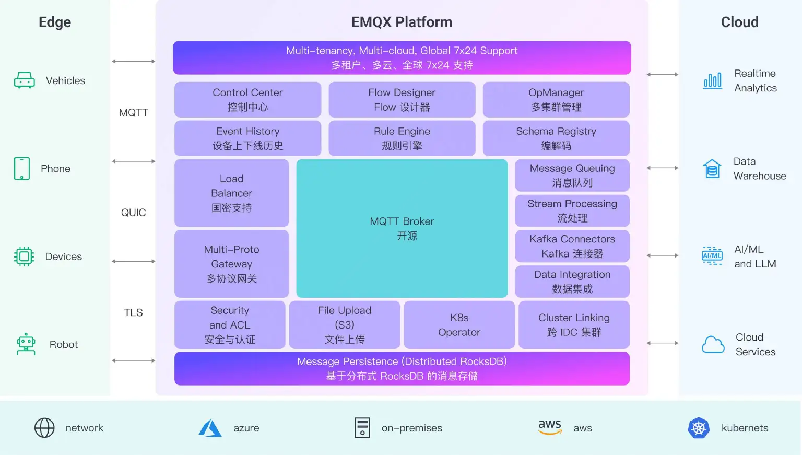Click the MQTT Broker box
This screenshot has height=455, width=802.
pos(402,228)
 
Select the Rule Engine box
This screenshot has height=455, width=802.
pos(402,138)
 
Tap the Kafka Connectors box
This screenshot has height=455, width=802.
pos(572,246)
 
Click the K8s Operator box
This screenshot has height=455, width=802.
pos(459,325)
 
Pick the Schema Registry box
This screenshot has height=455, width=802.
pos(556,138)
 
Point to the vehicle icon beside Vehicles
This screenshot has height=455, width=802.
pos(25,80)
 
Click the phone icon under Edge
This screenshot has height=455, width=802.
pos(22,168)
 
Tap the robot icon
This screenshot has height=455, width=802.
pos(26,344)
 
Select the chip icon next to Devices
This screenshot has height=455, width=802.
pos(24,256)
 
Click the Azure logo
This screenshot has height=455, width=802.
pos(210,428)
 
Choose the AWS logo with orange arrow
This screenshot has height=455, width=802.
pos(550,427)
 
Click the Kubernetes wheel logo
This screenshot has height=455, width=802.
pos(699,428)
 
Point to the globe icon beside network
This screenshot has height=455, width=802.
pos(44,428)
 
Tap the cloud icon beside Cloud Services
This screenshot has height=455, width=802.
pos(713,345)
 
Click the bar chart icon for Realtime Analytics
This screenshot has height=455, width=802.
pos(713,80)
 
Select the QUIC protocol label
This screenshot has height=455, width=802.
pos(134,213)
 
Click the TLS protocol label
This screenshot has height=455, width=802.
pos(134,312)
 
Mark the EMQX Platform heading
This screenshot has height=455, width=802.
pos(402,22)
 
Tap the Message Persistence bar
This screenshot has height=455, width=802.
pos(402,368)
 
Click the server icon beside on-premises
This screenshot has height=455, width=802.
pos(362,428)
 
